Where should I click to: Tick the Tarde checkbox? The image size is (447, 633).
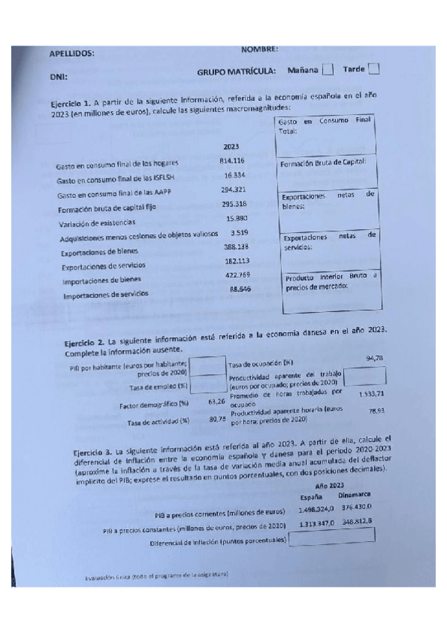pos(374,69)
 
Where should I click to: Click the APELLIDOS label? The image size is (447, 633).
pos(72,54)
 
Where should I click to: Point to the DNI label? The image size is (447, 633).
pos(58,77)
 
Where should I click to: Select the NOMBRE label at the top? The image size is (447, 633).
pos(260,49)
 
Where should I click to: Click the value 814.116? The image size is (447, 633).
pos(233,162)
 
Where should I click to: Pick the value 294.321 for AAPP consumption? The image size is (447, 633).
pos(234,190)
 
